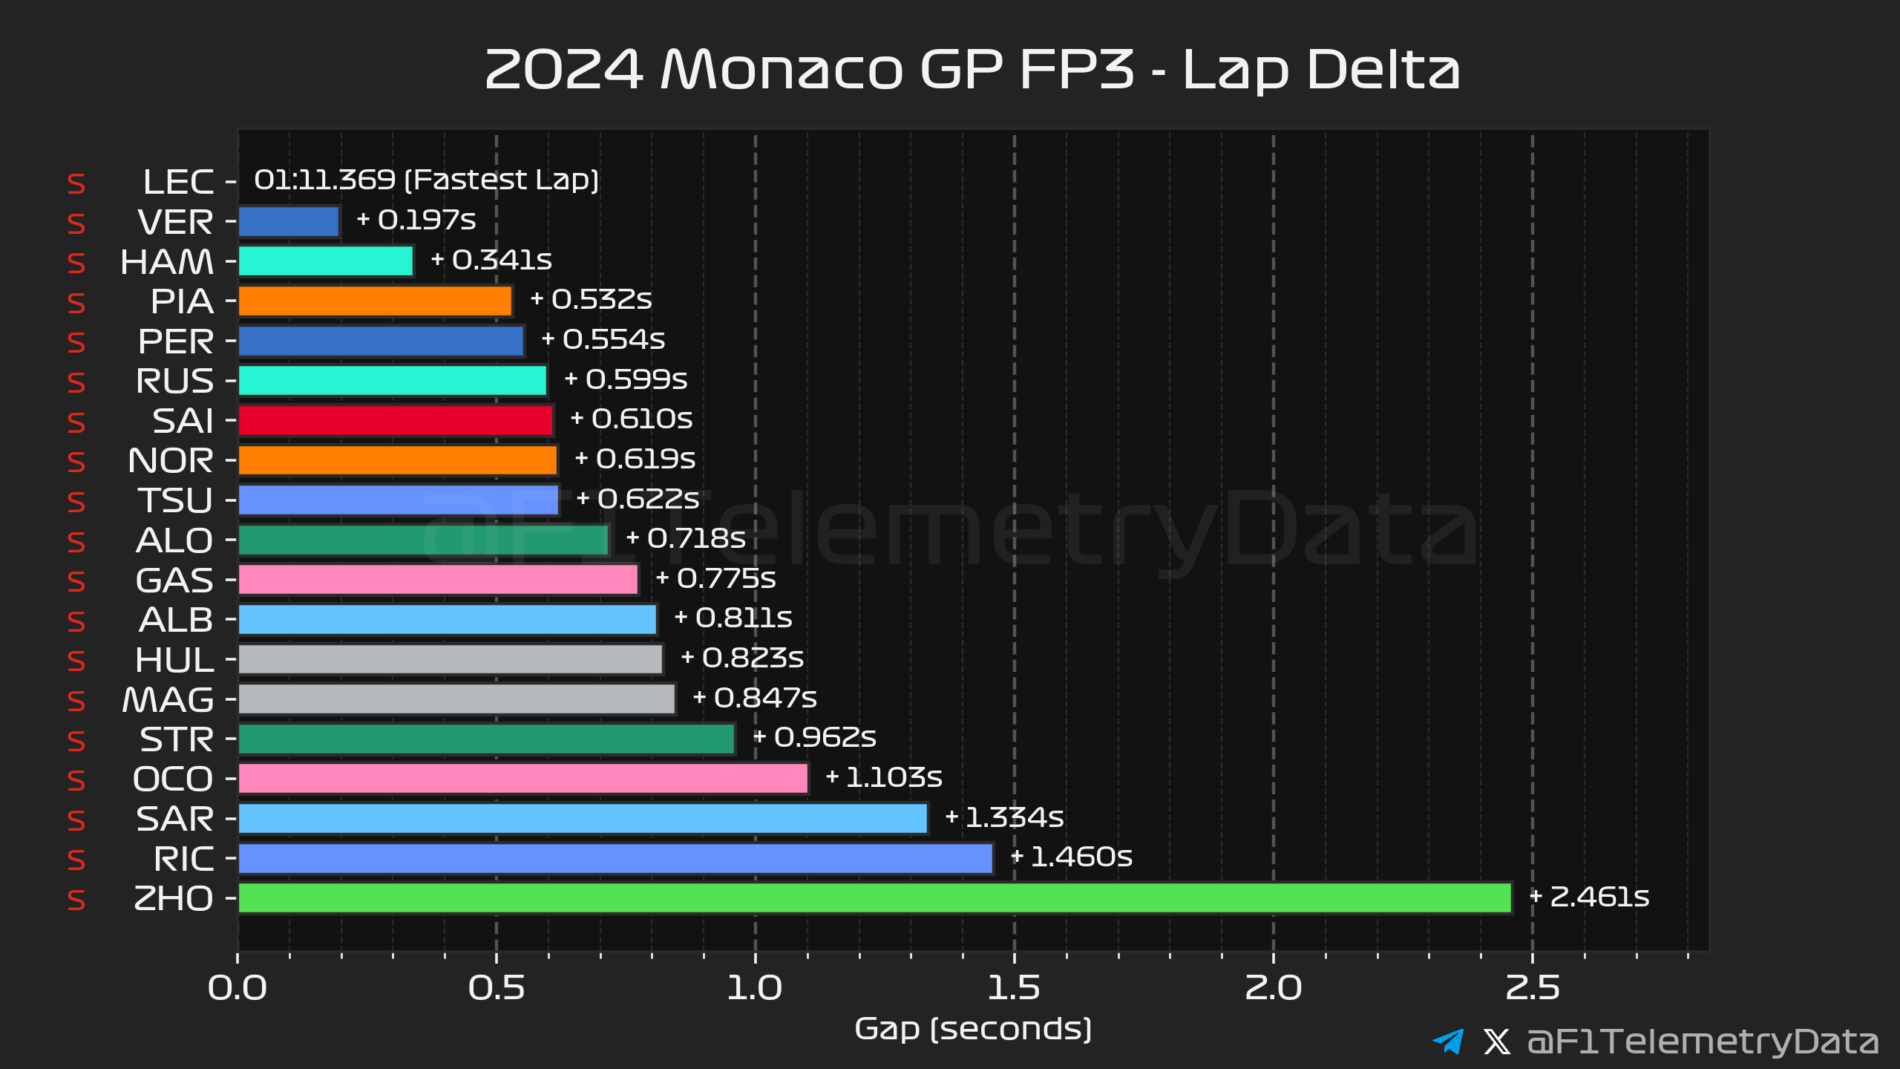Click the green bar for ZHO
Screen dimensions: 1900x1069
point(875,898)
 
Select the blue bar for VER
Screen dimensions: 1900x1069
point(289,222)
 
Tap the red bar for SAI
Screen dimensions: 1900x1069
point(396,421)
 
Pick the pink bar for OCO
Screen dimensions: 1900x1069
point(523,779)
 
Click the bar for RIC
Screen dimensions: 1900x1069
point(615,859)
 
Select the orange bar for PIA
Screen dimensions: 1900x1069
point(376,301)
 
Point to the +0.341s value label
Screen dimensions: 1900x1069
point(491,260)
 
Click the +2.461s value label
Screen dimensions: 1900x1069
point(1589,897)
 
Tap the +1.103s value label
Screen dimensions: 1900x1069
point(884,777)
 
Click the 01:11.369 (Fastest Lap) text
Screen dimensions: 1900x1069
point(426,180)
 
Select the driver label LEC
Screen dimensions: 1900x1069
point(178,183)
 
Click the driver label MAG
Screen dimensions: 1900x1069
point(168,700)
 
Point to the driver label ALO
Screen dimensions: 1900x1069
point(174,541)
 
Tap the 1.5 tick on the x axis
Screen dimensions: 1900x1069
point(1014,989)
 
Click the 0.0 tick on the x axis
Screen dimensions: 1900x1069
point(237,989)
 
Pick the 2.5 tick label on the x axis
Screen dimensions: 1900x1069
point(1533,989)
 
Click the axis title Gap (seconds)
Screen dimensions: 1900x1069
point(973,1030)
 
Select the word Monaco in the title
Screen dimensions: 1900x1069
point(782,70)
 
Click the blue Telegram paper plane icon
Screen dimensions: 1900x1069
point(1448,1041)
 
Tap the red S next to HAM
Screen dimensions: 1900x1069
point(76,264)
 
